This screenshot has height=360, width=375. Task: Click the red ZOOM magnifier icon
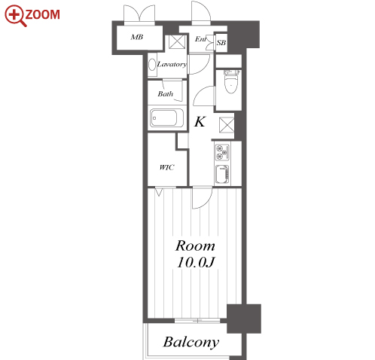[x=15, y=16]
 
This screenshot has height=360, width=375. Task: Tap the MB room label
[x=137, y=37]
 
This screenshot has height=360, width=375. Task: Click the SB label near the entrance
[x=221, y=43]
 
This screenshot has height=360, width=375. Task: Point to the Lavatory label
[x=172, y=65]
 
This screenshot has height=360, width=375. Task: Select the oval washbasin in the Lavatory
[x=152, y=65]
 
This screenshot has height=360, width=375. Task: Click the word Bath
[x=166, y=94]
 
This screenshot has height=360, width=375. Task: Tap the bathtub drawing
[x=167, y=117]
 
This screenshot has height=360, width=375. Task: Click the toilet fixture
[x=230, y=81]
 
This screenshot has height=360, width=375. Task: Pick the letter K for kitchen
[x=200, y=122]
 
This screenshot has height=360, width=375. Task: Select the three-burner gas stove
[x=222, y=152]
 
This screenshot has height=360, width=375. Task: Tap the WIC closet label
[x=166, y=167]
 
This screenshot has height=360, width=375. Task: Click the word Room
[x=195, y=246]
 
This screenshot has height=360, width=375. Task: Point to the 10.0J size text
[x=196, y=262]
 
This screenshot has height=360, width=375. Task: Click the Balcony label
[x=191, y=342]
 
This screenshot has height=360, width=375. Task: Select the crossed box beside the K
[x=227, y=125]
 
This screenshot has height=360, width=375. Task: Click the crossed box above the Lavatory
[x=177, y=41]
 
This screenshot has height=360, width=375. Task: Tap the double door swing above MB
[x=139, y=14]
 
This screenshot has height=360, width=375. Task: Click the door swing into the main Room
[x=202, y=198]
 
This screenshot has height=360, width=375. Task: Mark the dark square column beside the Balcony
[x=244, y=319]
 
